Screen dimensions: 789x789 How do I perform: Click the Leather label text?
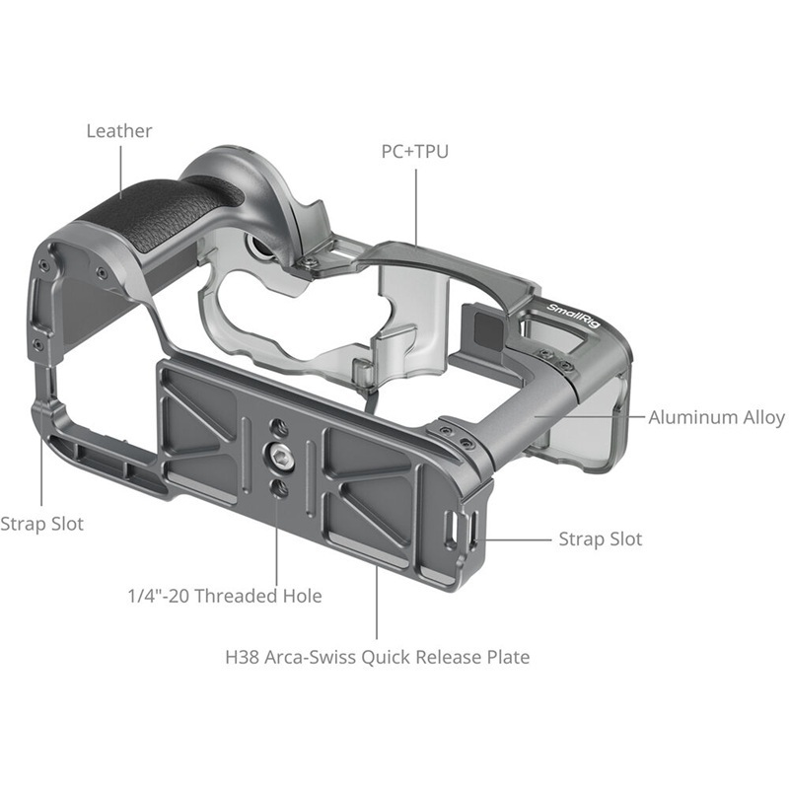click(x=118, y=130)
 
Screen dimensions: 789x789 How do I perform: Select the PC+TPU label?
click(x=414, y=152)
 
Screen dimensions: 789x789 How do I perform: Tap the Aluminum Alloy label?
click(x=716, y=417)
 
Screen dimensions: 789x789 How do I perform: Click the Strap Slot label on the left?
click(x=41, y=524)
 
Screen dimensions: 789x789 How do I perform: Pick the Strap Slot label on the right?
click(x=600, y=538)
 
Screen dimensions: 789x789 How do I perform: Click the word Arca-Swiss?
click(x=324, y=657)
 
